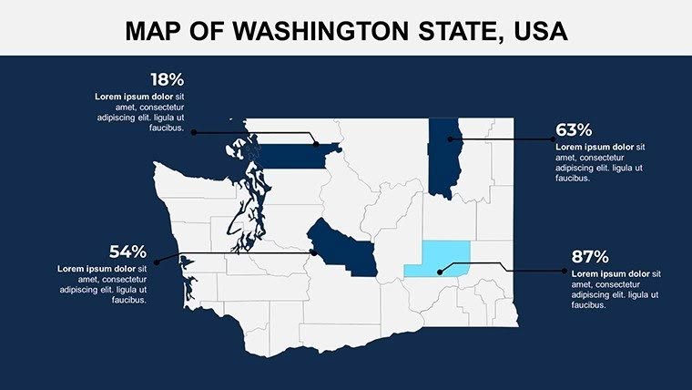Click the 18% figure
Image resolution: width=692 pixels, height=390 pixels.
(167, 80)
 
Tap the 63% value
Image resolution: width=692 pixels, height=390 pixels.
(574, 130)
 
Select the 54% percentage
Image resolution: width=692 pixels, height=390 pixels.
(128, 251)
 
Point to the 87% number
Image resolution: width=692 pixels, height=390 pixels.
(590, 257)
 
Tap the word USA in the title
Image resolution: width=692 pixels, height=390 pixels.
(540, 32)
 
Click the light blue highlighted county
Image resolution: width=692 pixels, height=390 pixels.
(436, 259)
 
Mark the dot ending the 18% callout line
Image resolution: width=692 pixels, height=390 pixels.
(315, 143)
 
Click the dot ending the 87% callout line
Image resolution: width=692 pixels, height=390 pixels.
(441, 272)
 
